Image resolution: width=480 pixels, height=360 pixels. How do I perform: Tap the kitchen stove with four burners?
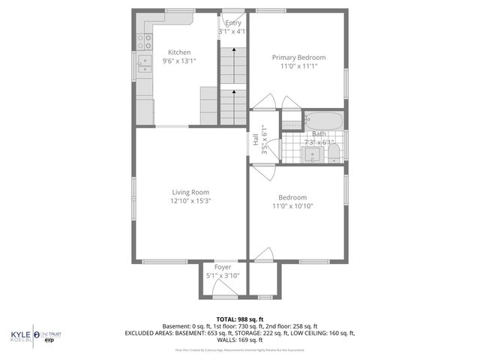pos(143,39)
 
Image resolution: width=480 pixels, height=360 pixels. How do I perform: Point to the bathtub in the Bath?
pos(323,121)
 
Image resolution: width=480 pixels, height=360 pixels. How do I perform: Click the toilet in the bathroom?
pos(334,154)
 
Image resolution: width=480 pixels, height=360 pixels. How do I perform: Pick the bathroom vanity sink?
pos(313,154)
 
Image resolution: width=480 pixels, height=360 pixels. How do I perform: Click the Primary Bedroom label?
pos(298,57)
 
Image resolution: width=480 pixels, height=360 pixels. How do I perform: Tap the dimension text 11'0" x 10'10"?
pos(292,206)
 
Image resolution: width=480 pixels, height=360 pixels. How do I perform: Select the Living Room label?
pos(190,192)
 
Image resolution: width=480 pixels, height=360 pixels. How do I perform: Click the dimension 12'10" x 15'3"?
pos(190,201)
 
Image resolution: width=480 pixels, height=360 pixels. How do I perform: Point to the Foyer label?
pos(223,267)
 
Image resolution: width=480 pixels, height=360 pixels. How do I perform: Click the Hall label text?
pos(256,139)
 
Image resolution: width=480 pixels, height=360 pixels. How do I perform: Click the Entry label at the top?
pos(233,23)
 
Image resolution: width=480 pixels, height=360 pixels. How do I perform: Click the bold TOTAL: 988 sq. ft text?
pos(239,319)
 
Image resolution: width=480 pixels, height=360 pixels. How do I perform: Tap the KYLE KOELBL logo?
pos(21,335)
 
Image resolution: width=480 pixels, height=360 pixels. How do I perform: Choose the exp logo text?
pos(51,340)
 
